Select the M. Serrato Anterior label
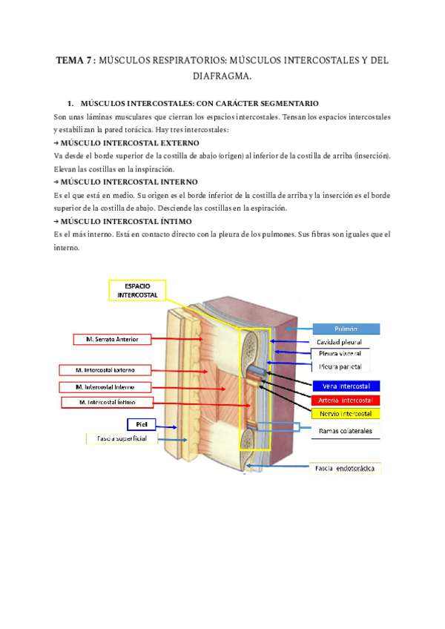click(x=112, y=339)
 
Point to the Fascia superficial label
click(x=122, y=439)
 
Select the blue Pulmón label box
click(x=346, y=329)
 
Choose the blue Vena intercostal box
click(x=346, y=386)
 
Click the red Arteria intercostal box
click(x=346, y=400)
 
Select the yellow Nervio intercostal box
click(x=346, y=413)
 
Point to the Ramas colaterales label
click(x=346, y=430)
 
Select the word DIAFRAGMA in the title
click(x=221, y=76)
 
